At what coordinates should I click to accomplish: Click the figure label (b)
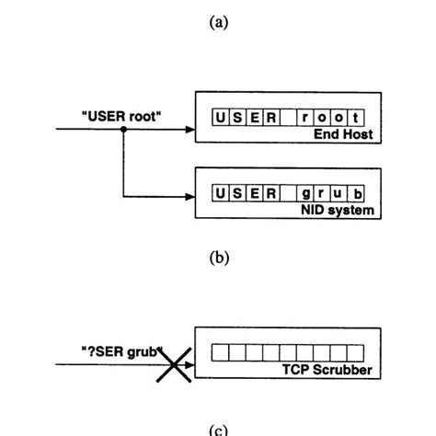point(218,258)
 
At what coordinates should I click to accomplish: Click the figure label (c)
point(218,429)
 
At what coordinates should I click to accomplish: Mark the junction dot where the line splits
point(122,131)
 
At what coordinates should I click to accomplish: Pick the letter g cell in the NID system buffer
point(305,192)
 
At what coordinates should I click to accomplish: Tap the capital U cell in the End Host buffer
point(219,117)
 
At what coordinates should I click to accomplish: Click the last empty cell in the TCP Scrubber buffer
point(359,351)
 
